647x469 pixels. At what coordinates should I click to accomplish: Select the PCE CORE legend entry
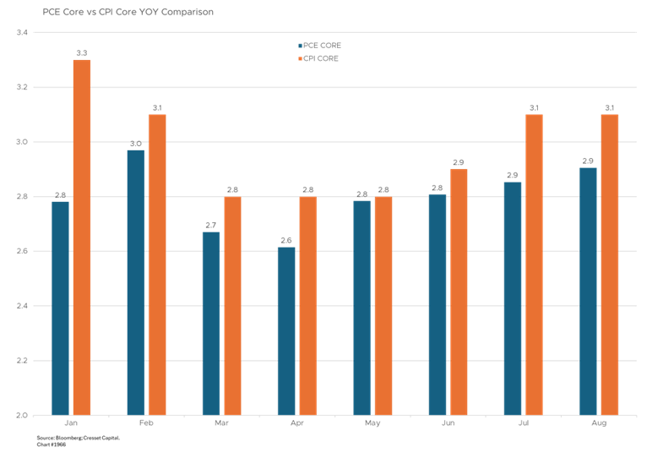pyautogui.click(x=319, y=45)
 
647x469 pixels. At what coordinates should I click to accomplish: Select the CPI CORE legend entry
pyautogui.click(x=318, y=58)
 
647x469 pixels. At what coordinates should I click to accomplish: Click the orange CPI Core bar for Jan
pyautogui.click(x=82, y=237)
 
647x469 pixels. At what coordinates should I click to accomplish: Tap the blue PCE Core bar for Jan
pyautogui.click(x=60, y=308)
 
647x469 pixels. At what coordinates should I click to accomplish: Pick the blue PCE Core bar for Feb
pyautogui.click(x=135, y=282)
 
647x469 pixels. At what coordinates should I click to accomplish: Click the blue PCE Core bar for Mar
pyautogui.click(x=211, y=323)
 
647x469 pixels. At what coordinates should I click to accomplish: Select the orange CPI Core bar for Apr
pyautogui.click(x=307, y=305)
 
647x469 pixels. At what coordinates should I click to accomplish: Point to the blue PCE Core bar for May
pyautogui.click(x=362, y=308)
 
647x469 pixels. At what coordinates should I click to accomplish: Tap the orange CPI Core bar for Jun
pyautogui.click(x=459, y=292)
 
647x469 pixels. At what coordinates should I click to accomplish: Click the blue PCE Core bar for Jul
pyautogui.click(x=513, y=298)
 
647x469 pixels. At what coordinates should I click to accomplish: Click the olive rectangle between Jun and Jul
pyautogui.click(x=496, y=182)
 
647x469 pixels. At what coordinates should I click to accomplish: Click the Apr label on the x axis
pyautogui.click(x=297, y=422)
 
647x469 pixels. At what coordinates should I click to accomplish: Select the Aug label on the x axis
pyautogui.click(x=599, y=422)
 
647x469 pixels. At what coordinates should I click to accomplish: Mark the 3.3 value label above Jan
pyautogui.click(x=82, y=53)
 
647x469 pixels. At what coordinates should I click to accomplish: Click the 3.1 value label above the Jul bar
pyautogui.click(x=534, y=108)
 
